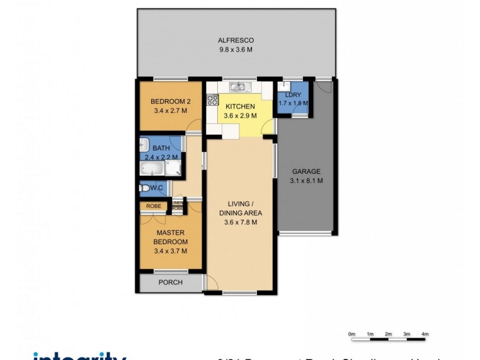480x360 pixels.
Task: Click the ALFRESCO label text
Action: pyautogui.click(x=235, y=40)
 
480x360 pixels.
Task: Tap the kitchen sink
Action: pyautogui.click(x=237, y=87)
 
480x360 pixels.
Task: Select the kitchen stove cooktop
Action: pyautogui.click(x=212, y=100)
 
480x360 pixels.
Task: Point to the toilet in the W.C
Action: pyautogui.click(x=144, y=188)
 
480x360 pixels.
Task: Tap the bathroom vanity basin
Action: pyautogui.click(x=144, y=145)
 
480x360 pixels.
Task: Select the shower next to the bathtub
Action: pyautogui.click(x=176, y=169)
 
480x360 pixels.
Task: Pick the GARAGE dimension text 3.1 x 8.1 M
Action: pyautogui.click(x=306, y=180)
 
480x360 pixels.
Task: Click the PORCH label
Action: pyautogui.click(x=170, y=283)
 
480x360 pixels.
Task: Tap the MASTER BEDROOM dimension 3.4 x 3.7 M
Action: pyautogui.click(x=170, y=251)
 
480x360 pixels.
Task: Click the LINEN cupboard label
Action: pyautogui.click(x=177, y=203)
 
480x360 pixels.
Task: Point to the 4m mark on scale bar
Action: pyautogui.click(x=425, y=333)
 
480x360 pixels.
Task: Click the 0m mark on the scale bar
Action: pyautogui.click(x=352, y=333)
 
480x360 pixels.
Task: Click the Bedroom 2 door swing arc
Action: pyautogui.click(x=194, y=125)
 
